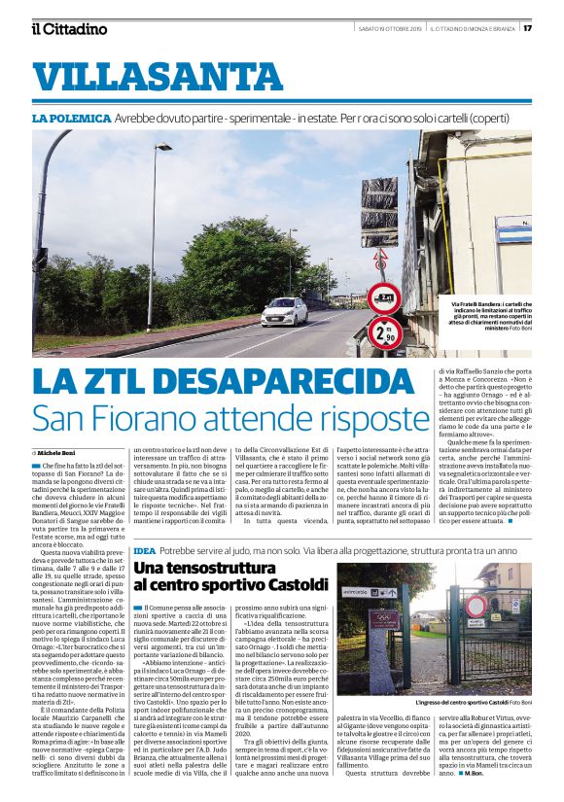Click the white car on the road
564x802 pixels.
257,312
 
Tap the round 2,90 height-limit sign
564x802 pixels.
383,332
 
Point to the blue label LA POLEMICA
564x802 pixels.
71,119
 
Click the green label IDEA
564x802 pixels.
145,551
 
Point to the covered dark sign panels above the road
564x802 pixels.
378,213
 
